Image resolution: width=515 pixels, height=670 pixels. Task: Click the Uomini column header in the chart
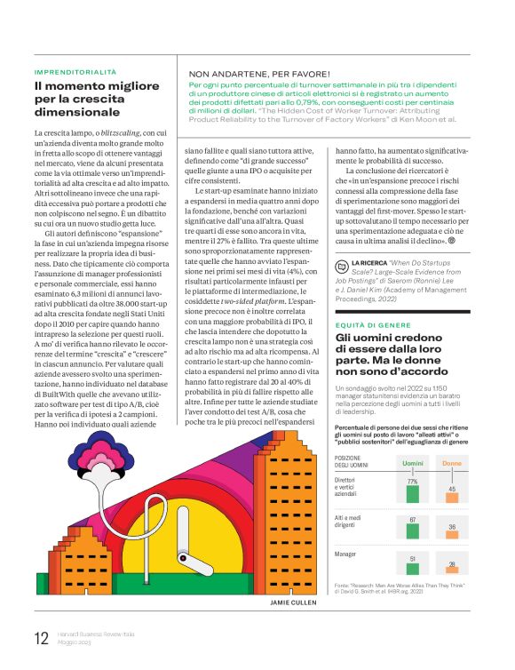click(x=412, y=463)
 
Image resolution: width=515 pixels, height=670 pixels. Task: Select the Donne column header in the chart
click(x=452, y=463)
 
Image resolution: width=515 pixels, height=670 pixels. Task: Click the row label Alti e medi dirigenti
click(x=350, y=522)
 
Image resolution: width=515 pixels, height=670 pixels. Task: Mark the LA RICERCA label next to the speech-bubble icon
click(x=368, y=264)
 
